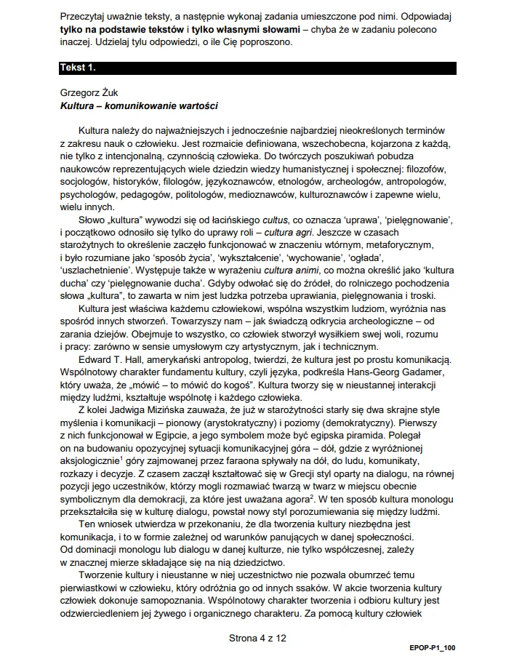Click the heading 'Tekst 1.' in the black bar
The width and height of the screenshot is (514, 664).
pos(77,68)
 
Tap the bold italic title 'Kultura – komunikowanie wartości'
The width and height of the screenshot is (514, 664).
pos(139,105)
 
